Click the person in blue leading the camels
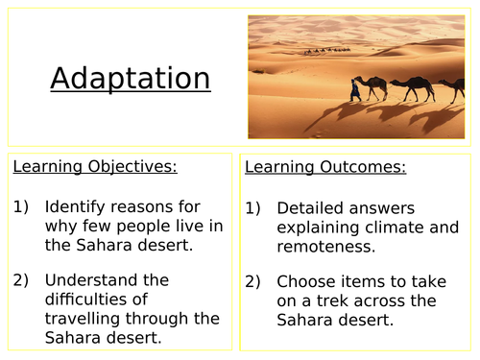coord(357,90)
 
